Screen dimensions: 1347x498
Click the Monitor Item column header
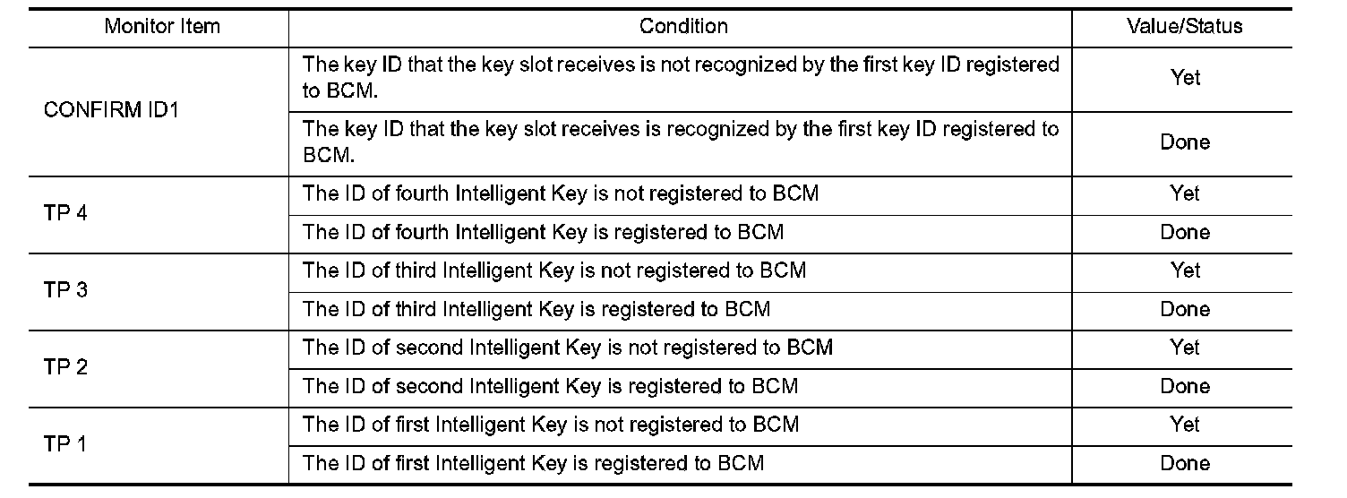click(x=162, y=26)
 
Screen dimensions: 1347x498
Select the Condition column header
click(x=683, y=26)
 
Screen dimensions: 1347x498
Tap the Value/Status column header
click(x=1185, y=26)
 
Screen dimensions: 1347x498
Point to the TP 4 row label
click(x=65, y=213)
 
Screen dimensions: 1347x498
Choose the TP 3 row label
click(x=65, y=290)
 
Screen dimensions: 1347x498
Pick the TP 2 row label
click(x=65, y=367)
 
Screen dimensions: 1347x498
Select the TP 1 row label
click(x=65, y=444)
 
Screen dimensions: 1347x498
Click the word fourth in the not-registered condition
click(x=422, y=193)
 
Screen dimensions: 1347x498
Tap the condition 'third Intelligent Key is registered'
click(x=536, y=309)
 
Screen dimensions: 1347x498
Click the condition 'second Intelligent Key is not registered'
click(x=568, y=348)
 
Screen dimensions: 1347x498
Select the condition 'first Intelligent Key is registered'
click(x=534, y=463)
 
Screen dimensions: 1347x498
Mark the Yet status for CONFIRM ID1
click(x=1185, y=78)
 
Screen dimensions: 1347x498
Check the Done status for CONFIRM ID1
click(x=1185, y=142)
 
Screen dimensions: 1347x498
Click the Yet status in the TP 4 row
click(x=1185, y=193)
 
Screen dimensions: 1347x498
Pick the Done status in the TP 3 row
click(x=1185, y=309)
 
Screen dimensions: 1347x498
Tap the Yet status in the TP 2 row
click(x=1185, y=348)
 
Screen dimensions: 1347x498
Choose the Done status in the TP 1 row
click(x=1185, y=463)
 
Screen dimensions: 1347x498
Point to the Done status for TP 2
click(x=1185, y=386)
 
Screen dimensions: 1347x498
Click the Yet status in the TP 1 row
click(x=1185, y=425)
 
